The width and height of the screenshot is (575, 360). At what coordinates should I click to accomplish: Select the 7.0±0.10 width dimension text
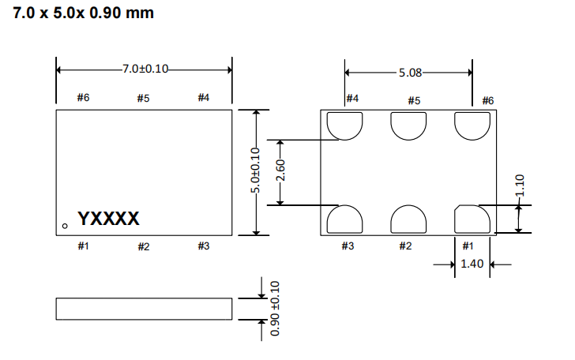click(x=145, y=69)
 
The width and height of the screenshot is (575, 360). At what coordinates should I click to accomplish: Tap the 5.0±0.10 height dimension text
click(x=255, y=171)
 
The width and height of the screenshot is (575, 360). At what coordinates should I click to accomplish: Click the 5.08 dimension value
click(x=410, y=72)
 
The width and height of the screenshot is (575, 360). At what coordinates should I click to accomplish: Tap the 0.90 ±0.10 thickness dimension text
click(x=275, y=308)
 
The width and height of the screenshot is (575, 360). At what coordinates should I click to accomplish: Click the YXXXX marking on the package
click(x=108, y=218)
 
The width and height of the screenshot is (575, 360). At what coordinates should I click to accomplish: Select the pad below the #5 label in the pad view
click(x=408, y=124)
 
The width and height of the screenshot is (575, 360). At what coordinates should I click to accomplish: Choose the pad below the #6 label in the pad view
click(x=472, y=124)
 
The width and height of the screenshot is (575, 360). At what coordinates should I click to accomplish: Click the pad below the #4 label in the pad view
click(x=345, y=124)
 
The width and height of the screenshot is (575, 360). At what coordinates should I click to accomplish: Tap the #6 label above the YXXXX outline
click(x=83, y=98)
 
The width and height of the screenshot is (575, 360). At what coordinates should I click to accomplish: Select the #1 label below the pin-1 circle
click(x=83, y=246)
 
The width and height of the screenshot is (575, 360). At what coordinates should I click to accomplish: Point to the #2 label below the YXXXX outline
click(x=143, y=246)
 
